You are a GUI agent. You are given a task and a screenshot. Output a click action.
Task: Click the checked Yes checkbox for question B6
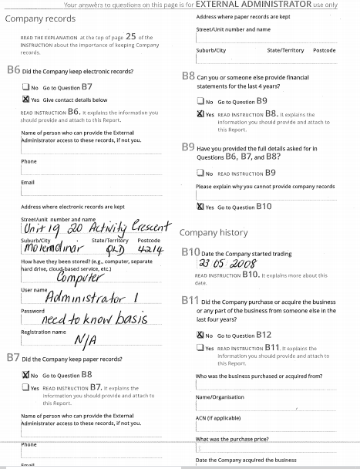(x=25, y=100)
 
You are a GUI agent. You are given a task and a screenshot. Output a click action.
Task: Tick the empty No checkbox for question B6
(x=25, y=87)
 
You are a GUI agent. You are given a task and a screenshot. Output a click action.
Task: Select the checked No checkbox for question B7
(x=25, y=374)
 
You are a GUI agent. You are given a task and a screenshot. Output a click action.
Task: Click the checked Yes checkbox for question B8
(x=200, y=113)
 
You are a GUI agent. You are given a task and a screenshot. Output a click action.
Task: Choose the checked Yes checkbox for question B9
(x=200, y=206)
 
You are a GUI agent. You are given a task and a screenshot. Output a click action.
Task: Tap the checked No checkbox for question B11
(x=200, y=336)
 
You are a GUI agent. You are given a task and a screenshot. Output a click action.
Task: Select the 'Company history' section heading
(x=214, y=232)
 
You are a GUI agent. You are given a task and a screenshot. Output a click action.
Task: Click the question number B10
(x=190, y=251)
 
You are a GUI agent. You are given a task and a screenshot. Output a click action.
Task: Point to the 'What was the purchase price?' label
(x=232, y=438)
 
